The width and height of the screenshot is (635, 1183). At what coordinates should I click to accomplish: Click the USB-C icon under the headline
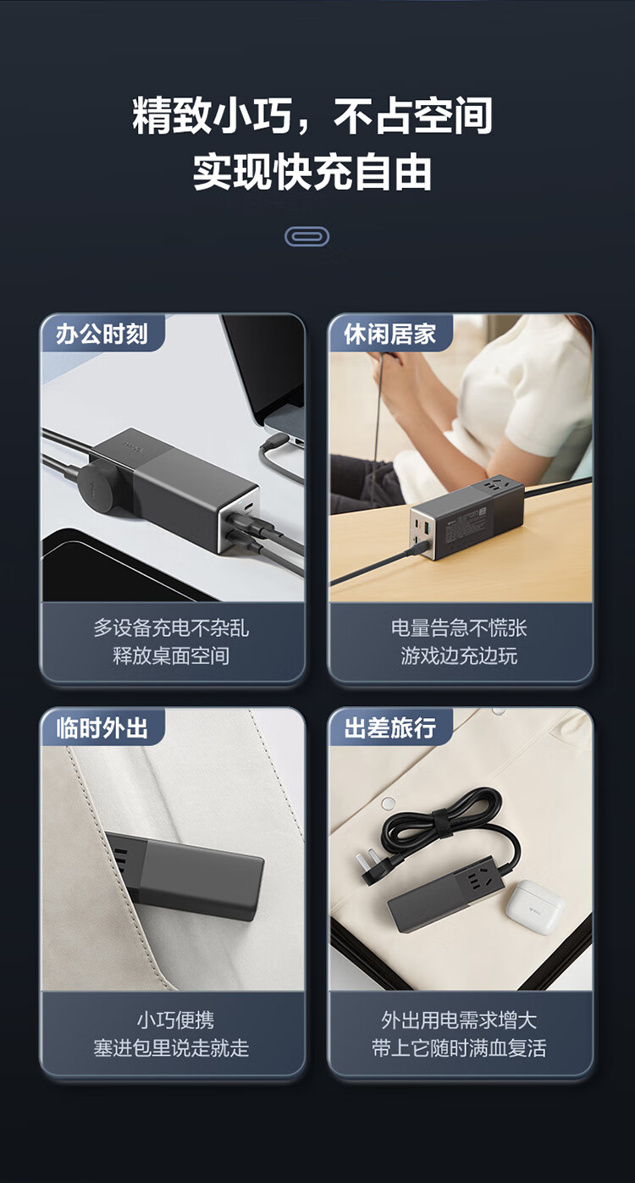306,236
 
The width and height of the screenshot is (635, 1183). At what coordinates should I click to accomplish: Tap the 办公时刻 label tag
102,334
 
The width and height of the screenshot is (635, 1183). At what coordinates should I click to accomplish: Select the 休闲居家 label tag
390,334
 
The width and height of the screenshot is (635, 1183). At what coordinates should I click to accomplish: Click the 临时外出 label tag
102,728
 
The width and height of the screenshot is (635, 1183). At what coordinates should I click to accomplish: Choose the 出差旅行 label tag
390,728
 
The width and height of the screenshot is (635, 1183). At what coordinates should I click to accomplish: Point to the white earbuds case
533,906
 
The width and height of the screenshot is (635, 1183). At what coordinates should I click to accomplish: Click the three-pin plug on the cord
377,866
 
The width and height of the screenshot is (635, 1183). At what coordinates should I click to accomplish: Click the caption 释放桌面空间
171,656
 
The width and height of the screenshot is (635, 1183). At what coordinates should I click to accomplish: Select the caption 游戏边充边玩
459,656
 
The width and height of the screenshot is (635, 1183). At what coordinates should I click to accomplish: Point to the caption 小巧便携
176,1020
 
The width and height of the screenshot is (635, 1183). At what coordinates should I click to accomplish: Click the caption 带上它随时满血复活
459,1048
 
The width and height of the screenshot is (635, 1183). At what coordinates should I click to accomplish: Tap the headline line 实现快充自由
312,172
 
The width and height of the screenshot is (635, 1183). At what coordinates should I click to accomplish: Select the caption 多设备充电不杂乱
171,628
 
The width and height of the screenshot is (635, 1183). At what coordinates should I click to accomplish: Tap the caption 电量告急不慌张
459,628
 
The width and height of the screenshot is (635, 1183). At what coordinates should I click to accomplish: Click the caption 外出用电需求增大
459,1020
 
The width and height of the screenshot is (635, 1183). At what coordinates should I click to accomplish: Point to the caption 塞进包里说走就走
171,1048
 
